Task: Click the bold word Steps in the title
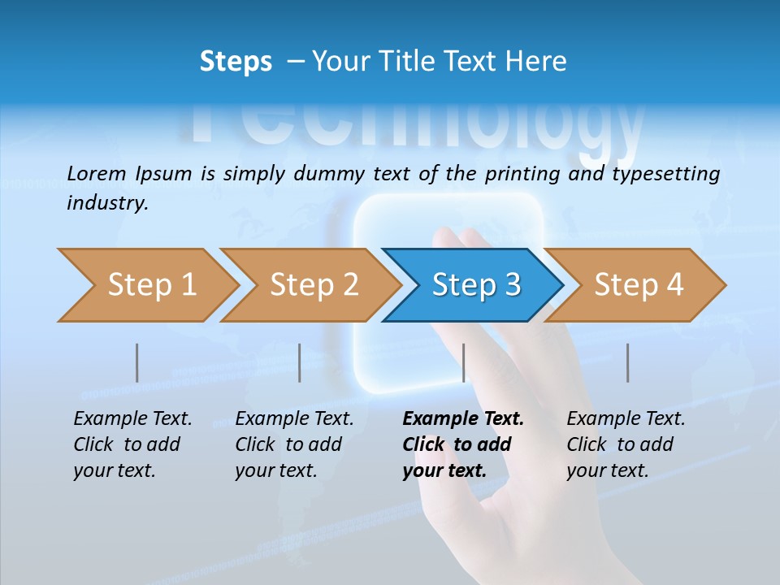click(236, 62)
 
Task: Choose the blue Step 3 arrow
click(475, 285)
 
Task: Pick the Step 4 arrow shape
click(638, 285)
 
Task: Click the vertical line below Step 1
click(137, 362)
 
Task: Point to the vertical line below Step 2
click(300, 362)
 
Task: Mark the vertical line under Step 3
click(463, 362)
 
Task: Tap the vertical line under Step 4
click(627, 362)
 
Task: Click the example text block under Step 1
click(132, 444)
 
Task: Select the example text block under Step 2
click(294, 444)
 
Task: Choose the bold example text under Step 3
click(463, 444)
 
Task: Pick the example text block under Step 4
click(626, 444)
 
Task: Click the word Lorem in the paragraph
click(97, 173)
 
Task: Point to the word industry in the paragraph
click(107, 203)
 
